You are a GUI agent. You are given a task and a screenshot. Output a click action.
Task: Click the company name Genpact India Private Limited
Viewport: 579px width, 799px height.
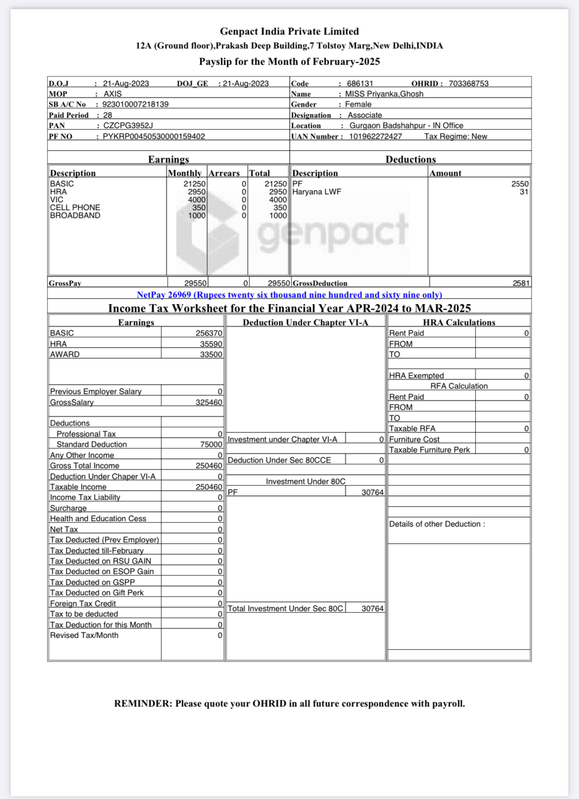click(289, 31)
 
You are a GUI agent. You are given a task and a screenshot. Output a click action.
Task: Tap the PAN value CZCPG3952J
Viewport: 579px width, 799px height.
click(128, 126)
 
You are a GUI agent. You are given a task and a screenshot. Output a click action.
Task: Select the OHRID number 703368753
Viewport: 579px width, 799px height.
click(468, 84)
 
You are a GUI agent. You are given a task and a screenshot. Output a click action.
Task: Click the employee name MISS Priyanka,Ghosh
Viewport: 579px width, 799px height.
click(384, 94)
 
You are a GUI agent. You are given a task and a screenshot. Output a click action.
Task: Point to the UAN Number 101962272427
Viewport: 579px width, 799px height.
click(375, 136)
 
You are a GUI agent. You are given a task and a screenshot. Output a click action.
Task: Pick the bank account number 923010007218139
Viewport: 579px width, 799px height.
click(135, 104)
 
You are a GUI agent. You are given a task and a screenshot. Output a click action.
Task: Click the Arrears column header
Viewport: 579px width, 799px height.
click(224, 173)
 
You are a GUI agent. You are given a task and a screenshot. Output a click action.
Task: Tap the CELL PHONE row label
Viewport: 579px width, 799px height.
click(75, 208)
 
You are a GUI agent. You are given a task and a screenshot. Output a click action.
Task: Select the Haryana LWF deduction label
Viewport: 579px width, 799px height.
click(317, 192)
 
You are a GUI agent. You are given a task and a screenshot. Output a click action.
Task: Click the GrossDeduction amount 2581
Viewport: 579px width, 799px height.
click(521, 283)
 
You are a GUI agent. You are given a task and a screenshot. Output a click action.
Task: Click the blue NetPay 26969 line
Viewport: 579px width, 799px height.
click(289, 295)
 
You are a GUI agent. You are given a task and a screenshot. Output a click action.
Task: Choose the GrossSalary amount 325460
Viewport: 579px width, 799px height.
click(209, 402)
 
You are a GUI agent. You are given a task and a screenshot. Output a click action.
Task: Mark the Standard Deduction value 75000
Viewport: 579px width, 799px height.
click(211, 444)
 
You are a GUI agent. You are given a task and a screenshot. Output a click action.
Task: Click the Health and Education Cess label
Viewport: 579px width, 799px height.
click(98, 519)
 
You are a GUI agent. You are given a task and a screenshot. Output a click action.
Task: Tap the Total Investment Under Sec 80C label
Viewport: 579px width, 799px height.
click(285, 609)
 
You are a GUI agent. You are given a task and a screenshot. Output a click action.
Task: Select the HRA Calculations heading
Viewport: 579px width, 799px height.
click(459, 322)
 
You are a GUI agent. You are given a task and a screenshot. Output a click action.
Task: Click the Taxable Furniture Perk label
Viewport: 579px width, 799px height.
click(429, 450)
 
